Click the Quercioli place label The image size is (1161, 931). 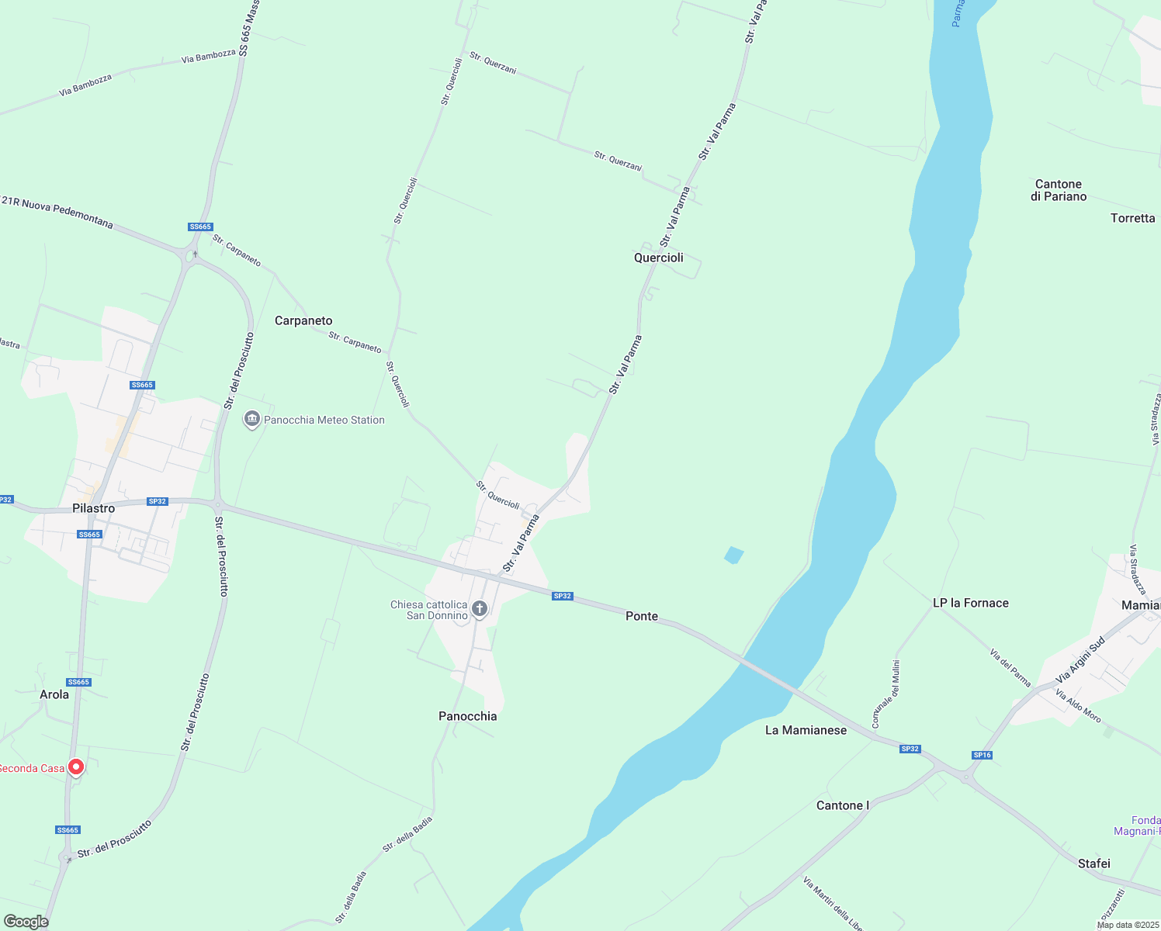pos(658,258)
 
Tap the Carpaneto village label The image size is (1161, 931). pos(303,320)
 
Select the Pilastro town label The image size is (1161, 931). pos(93,508)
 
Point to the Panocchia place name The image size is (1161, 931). pos(467,716)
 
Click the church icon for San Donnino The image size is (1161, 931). pos(480,609)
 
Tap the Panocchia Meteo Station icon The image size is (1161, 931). pos(251,420)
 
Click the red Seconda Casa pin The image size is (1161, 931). pos(76,767)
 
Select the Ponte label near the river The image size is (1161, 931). pos(642,616)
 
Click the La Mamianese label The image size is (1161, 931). pos(806,730)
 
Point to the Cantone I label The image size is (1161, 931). pos(842,805)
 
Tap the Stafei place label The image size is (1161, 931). pos(1093,864)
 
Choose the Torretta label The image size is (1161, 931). pos(1132,218)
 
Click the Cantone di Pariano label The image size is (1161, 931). pos(1059,190)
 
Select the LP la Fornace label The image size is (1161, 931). pos(970,603)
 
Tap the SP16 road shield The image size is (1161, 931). pos(982,755)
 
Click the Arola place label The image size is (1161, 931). pos(54,694)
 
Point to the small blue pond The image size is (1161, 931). pos(733,555)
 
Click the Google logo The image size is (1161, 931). pos(26,922)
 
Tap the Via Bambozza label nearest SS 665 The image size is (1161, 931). pos(208,57)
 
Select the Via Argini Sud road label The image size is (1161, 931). pos(1080,661)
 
